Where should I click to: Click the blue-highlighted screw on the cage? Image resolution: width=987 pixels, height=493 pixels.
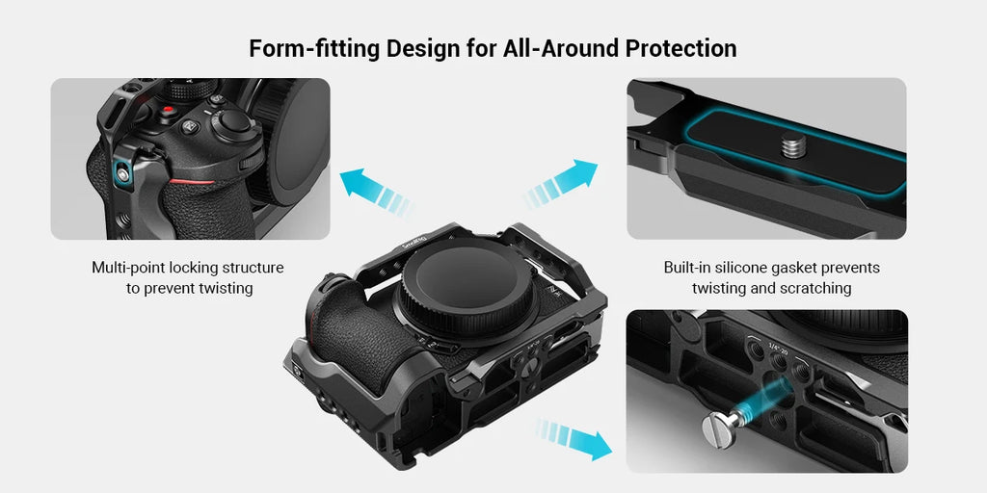(120, 173)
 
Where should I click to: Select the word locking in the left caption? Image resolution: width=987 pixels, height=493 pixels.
(197, 268)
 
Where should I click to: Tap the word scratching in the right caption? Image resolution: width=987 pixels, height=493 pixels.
(815, 288)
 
